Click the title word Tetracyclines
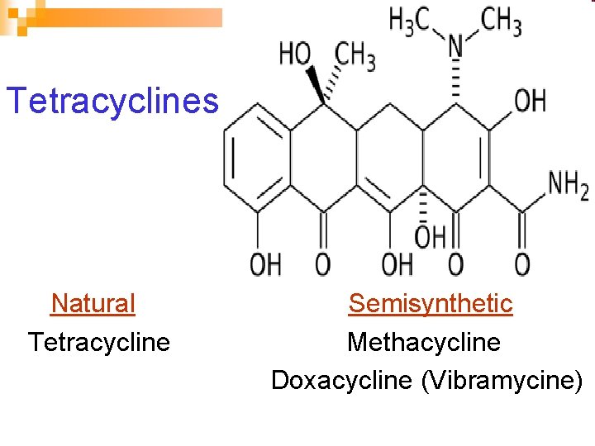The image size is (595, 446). [112, 102]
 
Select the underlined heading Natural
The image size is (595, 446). [93, 303]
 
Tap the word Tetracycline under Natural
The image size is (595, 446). [99, 341]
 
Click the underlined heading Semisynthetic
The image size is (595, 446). [430, 303]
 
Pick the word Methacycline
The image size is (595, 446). [424, 341]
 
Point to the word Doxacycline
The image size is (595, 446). [341, 380]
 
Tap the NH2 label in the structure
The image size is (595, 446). [569, 187]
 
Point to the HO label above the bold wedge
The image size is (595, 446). [295, 55]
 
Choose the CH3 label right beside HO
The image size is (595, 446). [355, 56]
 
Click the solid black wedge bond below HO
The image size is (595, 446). [315, 85]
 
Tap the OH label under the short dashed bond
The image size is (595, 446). [430, 238]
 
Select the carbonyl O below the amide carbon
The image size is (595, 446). [522, 264]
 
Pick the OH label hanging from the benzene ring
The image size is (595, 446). [265, 264]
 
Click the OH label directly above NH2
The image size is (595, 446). [531, 101]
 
